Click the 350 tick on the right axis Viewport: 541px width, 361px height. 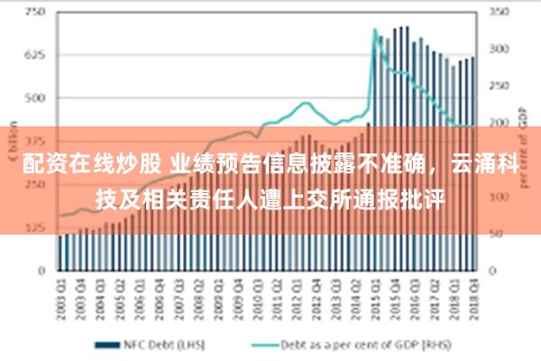[x=498, y=13]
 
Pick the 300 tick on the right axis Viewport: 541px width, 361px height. [x=498, y=49]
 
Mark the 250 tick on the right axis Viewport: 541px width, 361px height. [x=498, y=86]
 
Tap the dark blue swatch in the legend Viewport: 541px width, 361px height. [x=109, y=344]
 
